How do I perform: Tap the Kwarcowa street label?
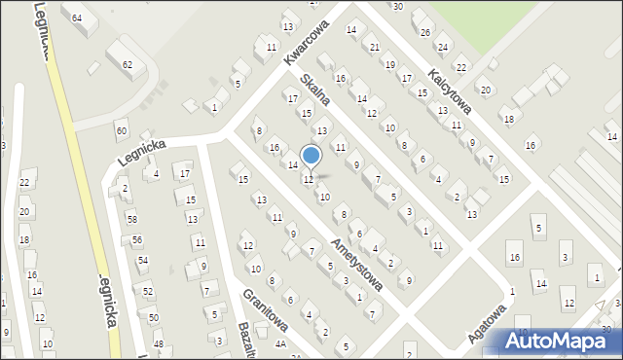pyautogui.click(x=303, y=44)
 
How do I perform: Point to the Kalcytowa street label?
pyautogui.click(x=450, y=90)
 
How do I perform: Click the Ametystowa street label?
pyautogui.click(x=355, y=264)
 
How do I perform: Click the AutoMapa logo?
pyautogui.click(x=559, y=341)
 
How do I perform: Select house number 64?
pyautogui.click(x=77, y=18)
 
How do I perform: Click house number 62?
pyautogui.click(x=127, y=64)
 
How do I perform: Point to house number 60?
pyautogui.click(x=121, y=130)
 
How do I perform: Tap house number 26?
pyautogui.click(x=424, y=32)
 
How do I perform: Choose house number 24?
pyautogui.click(x=442, y=47)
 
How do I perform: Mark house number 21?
pyautogui.click(x=375, y=47)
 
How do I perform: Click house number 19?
pyautogui.click(x=390, y=64)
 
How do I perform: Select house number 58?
pyautogui.click(x=131, y=220)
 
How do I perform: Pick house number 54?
pyautogui.click(x=143, y=260)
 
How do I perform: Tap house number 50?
pyautogui.click(x=152, y=317)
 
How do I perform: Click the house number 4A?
pyautogui.click(x=280, y=343)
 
